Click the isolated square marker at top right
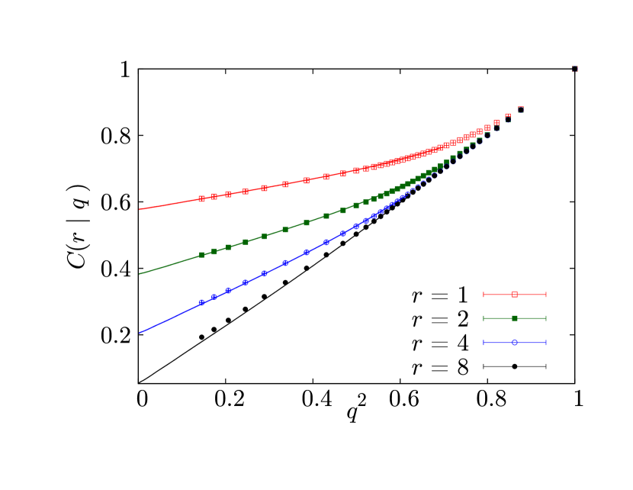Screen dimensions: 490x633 [575, 69]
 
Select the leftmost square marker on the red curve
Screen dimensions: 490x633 [201, 198]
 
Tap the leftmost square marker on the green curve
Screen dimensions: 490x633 [201, 255]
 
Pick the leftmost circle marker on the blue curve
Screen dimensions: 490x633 [201, 302]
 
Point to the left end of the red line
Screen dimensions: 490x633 [139, 209]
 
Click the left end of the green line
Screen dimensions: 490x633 [139, 274]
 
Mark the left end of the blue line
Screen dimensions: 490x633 [139, 333]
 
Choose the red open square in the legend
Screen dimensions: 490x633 [515, 294]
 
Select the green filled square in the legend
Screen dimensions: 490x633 [515, 318]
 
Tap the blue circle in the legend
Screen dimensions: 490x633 [515, 343]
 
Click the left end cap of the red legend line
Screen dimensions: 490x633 [484, 294]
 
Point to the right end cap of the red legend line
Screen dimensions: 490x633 [546, 294]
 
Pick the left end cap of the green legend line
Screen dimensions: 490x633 [484, 318]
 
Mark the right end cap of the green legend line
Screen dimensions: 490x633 [546, 318]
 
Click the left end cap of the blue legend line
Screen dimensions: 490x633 [484, 343]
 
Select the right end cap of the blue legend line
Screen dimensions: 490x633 [546, 343]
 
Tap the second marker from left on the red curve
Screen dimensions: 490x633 [214, 196]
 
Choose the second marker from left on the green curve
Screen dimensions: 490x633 [214, 251]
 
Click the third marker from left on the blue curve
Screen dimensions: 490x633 [228, 291]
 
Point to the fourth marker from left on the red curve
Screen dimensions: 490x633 [246, 192]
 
